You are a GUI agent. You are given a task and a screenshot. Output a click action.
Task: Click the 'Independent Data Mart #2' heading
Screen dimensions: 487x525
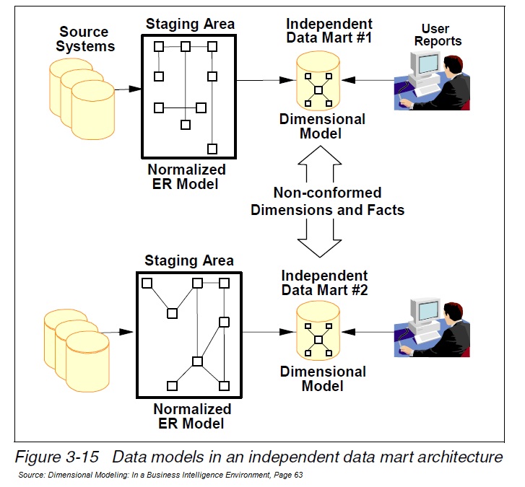[324, 282]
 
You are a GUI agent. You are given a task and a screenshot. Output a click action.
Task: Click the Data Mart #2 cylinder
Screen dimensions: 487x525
[318, 335]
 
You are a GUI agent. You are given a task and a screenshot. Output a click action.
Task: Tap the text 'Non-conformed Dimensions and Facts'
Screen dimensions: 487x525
[326, 202]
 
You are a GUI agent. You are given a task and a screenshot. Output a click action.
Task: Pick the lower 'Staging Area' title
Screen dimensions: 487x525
[189, 260]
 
